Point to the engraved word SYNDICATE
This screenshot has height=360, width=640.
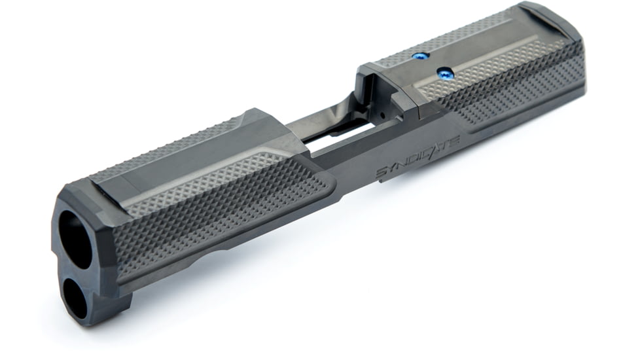(x=418, y=156)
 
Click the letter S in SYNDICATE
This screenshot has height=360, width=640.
(x=382, y=173)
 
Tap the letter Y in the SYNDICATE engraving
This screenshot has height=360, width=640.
(x=394, y=168)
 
